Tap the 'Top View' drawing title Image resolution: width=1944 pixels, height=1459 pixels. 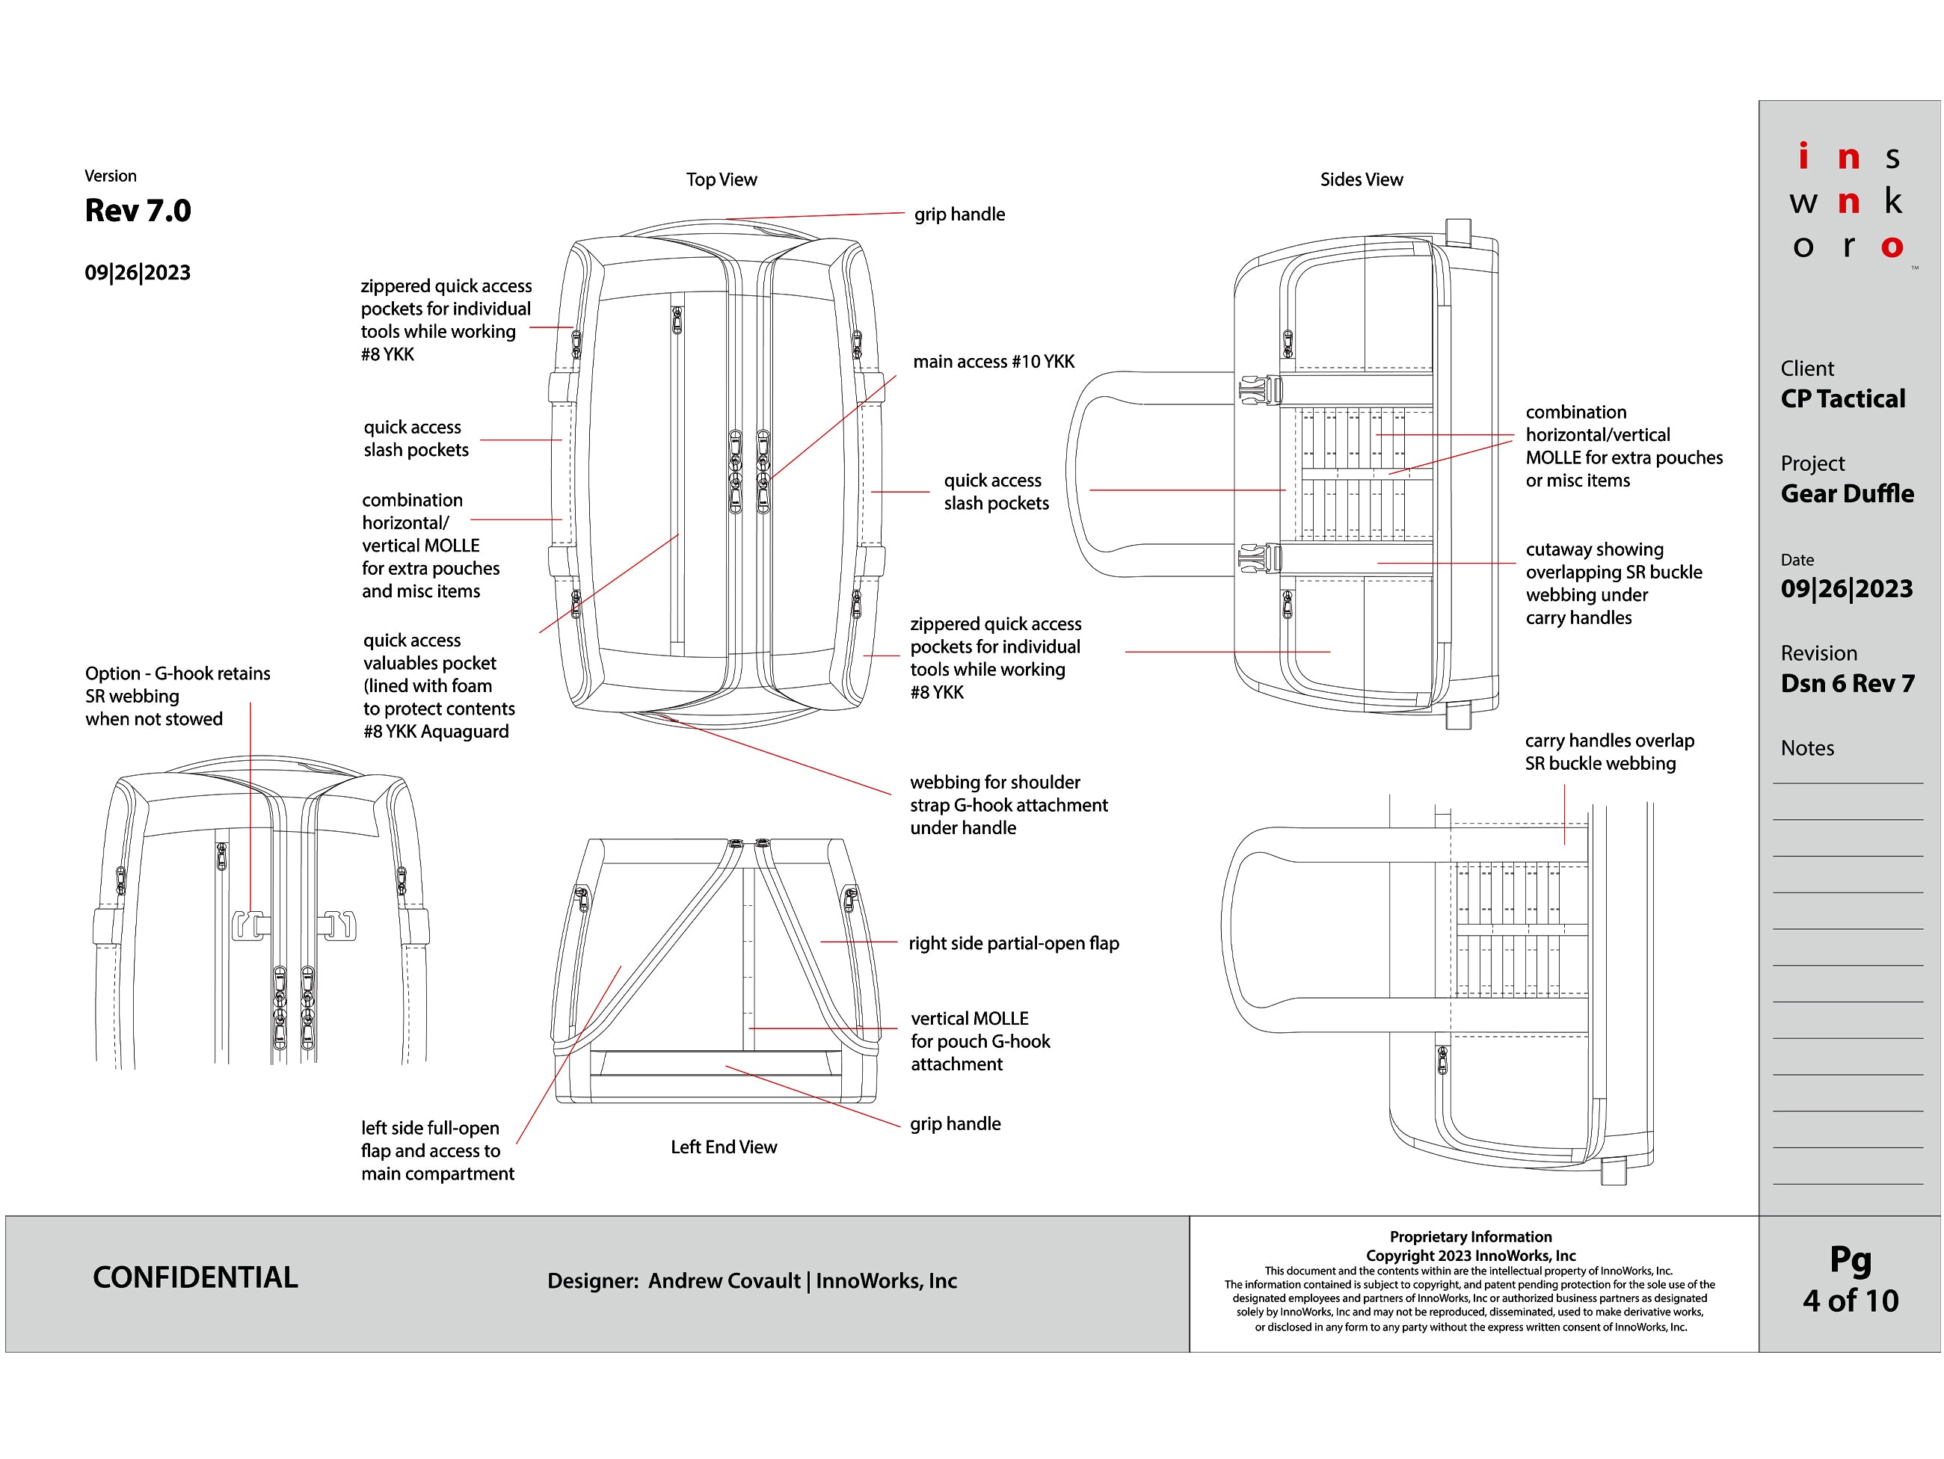[x=721, y=180]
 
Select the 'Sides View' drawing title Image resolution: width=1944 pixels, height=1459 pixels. [x=1361, y=180]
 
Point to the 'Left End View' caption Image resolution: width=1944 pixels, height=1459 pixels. [x=723, y=1147]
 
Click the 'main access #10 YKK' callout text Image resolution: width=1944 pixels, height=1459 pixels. [x=993, y=362]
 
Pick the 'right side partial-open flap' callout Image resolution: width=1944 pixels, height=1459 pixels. [x=1013, y=943]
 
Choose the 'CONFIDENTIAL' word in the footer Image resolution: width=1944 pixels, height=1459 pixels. [x=195, y=1277]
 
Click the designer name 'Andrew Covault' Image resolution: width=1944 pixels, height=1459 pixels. [x=725, y=1280]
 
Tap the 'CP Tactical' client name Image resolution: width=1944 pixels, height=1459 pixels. [x=1842, y=399]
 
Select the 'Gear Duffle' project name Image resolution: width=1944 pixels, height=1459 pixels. [x=1847, y=493]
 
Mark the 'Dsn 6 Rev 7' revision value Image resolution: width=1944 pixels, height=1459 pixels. [x=1847, y=683]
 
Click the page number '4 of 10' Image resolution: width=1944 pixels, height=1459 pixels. [x=1850, y=1301]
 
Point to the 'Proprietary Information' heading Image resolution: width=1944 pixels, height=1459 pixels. [x=1470, y=1237]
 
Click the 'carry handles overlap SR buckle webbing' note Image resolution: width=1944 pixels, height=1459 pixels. [x=1608, y=752]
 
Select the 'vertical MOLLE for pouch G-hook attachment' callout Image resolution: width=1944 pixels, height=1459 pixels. [x=980, y=1041]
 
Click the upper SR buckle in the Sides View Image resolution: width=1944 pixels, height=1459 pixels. [x=1259, y=390]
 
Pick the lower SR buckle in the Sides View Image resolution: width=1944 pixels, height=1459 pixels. [x=1259, y=558]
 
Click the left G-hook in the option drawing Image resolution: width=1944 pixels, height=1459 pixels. [x=250, y=925]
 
